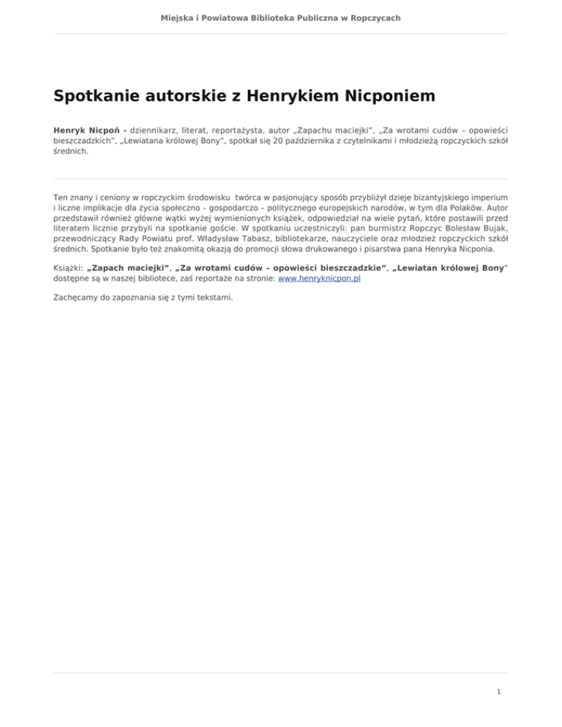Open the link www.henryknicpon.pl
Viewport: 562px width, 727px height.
(x=320, y=279)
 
